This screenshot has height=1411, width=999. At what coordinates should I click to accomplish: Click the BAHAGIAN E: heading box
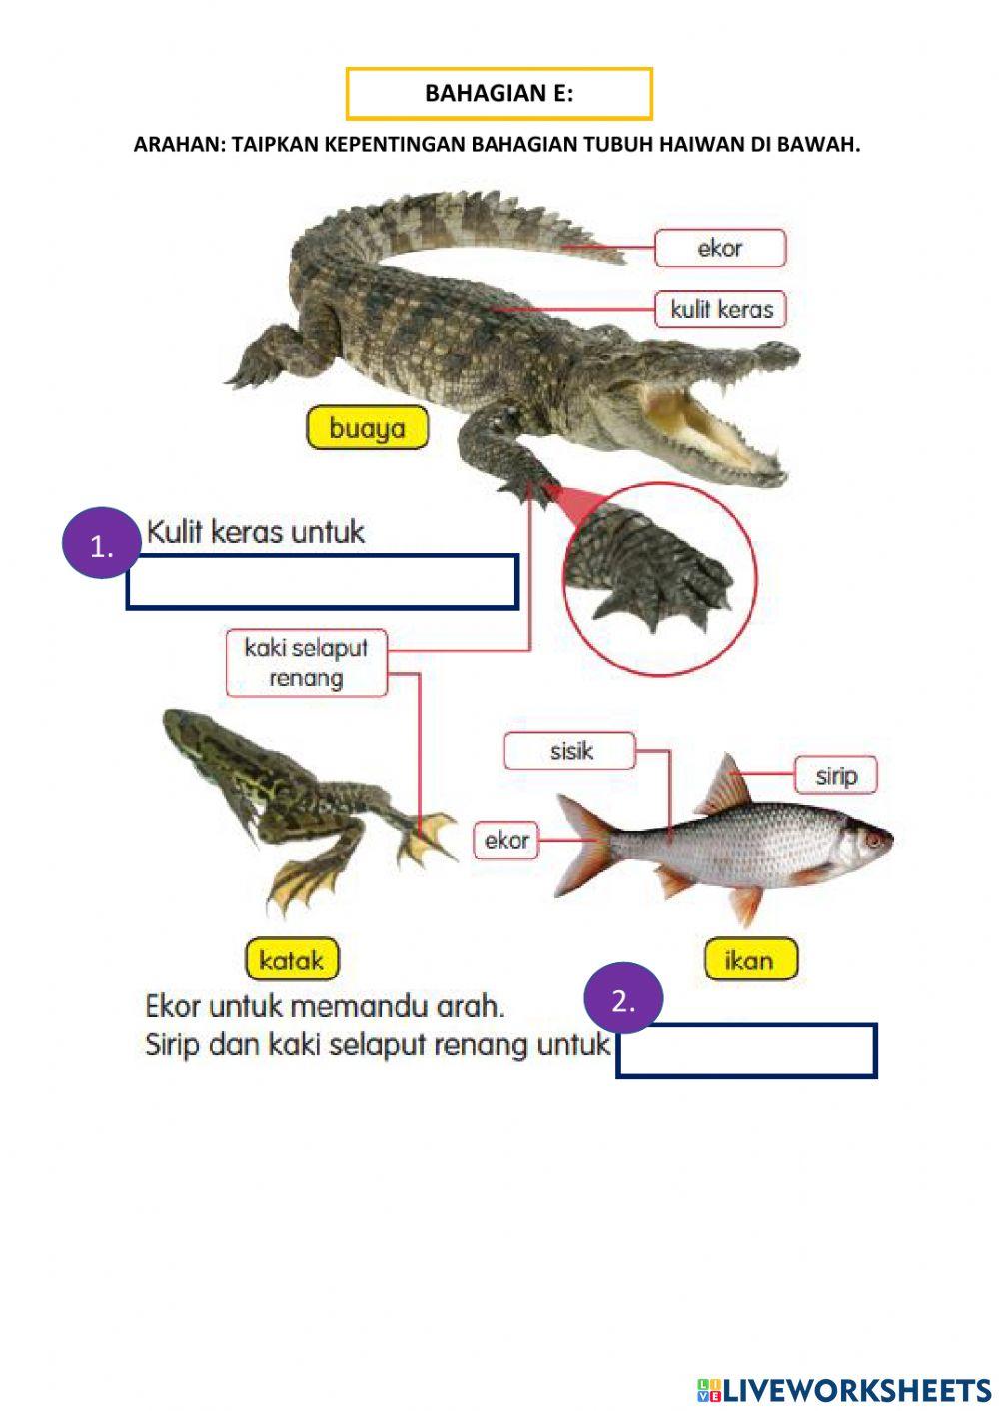pos(499,94)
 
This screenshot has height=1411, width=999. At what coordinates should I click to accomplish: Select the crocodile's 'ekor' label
pos(720,248)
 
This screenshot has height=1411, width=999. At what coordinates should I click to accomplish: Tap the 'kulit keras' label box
pos(721,309)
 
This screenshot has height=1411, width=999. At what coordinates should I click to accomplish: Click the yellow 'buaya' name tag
pos(367,429)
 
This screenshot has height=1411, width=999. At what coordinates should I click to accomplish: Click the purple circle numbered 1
pos(100,546)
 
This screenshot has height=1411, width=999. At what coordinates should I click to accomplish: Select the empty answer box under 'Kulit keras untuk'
pos(322,582)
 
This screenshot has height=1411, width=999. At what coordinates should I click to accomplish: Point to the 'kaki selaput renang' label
pos(306,663)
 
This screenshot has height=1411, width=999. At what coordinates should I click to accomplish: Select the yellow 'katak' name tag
pos(291,960)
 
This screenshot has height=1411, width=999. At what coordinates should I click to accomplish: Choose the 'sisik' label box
pos(569,751)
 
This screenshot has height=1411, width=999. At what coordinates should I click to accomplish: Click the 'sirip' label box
pos(835,775)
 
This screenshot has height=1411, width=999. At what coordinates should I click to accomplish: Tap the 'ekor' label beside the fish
pos(506,840)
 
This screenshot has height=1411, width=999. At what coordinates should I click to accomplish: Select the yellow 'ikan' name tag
pos(750,960)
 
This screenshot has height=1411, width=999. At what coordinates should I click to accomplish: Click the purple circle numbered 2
pos(623,1000)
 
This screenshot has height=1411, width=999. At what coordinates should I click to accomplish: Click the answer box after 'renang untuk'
pos(746,1051)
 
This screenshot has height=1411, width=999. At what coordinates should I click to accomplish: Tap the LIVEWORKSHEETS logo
pos(844,1389)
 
